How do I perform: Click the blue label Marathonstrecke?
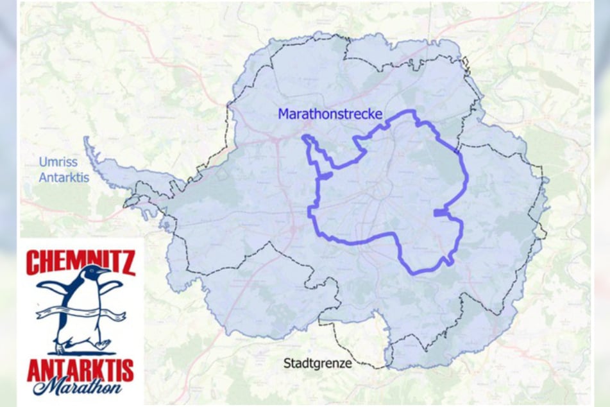click(330, 115)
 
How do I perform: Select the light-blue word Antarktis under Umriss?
click(64, 177)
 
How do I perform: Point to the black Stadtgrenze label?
click(318, 363)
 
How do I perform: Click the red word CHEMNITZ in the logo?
click(81, 263)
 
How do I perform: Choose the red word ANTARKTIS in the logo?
click(81, 370)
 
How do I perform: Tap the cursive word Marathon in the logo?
click(82, 388)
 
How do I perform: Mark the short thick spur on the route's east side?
click(439, 212)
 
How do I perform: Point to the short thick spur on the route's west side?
click(324, 175)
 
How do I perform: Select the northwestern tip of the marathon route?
click(305, 137)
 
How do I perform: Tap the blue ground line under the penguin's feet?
click(80, 353)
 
